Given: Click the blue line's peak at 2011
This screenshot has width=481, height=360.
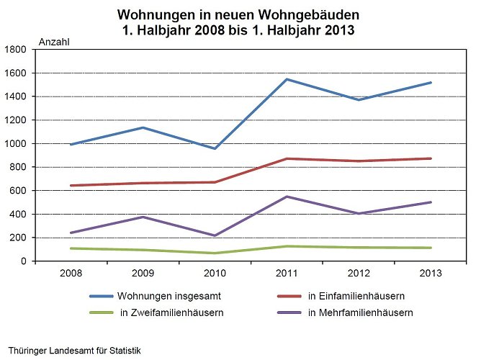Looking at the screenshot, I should pyautogui.click(x=287, y=79).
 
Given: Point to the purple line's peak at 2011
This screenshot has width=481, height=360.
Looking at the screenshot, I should pyautogui.click(x=287, y=197).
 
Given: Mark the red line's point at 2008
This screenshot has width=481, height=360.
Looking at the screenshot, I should pyautogui.click(x=71, y=185).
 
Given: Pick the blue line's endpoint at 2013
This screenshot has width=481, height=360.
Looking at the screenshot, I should pyautogui.click(x=431, y=83).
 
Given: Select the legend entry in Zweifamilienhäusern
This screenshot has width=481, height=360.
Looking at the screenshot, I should pyautogui.click(x=171, y=312).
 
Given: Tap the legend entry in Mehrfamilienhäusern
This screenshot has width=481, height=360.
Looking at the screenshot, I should pyautogui.click(x=359, y=312).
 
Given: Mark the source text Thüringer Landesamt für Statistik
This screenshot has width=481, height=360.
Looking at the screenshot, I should pyautogui.click(x=74, y=351).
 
